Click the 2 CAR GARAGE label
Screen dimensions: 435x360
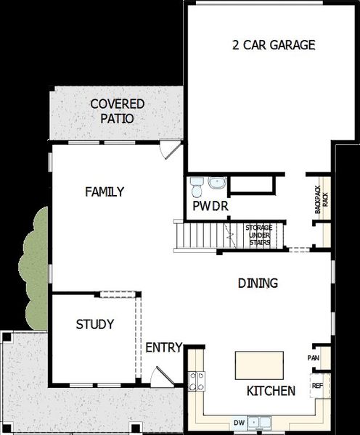coord(273,45)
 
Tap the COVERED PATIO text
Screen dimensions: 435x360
coord(118,111)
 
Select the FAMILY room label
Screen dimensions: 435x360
coord(105,192)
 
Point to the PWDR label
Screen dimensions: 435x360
coord(211,207)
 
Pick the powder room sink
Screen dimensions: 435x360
coord(217,183)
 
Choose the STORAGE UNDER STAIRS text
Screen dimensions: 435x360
coord(258,235)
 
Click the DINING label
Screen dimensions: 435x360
coord(258,283)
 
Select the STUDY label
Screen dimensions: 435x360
coord(95,325)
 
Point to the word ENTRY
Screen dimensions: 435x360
coord(163,348)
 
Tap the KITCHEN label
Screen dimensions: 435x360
coord(271,391)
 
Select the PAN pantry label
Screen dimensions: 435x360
coord(314,358)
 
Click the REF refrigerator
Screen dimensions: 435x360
coord(316,386)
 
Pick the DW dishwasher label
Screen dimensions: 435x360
coord(239,421)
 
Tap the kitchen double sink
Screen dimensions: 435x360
coord(257,420)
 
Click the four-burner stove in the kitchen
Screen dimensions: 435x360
coord(196,381)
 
